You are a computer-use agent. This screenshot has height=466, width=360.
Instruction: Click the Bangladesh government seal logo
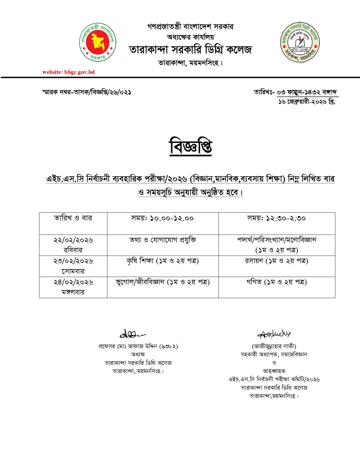point(98,42)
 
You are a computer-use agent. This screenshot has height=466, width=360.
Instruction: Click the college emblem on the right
point(300,42)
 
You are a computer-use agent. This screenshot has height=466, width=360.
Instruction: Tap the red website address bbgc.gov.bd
point(69,72)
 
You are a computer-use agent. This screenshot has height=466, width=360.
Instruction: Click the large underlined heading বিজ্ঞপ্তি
point(191,147)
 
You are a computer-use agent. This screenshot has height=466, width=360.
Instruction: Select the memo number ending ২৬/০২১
point(87,92)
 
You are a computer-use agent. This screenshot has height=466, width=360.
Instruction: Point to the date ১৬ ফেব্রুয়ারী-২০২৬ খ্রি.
point(307,102)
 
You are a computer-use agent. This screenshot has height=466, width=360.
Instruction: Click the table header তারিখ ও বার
point(73,218)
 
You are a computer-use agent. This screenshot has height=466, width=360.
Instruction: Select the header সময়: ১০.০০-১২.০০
point(162,218)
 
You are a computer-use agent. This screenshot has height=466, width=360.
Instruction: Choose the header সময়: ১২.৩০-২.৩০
point(276,218)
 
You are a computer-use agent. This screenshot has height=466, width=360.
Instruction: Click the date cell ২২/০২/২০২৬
point(73,240)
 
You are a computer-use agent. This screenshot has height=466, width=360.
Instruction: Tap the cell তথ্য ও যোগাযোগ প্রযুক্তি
point(163,240)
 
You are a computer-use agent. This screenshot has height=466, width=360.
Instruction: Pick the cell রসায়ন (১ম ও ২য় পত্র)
point(276,261)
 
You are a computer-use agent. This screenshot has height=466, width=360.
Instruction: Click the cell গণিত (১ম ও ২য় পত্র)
point(276,282)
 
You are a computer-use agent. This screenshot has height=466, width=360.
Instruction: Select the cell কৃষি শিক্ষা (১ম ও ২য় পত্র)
point(163,261)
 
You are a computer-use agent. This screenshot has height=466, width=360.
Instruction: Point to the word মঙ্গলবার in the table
point(73,292)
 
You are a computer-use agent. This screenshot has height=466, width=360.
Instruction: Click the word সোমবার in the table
point(73,271)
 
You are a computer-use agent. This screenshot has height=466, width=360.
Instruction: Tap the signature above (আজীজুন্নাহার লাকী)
point(274,334)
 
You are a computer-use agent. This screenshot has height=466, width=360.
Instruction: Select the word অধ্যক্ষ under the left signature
point(138,354)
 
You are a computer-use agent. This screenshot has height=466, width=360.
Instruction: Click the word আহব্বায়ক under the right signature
point(274,371)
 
